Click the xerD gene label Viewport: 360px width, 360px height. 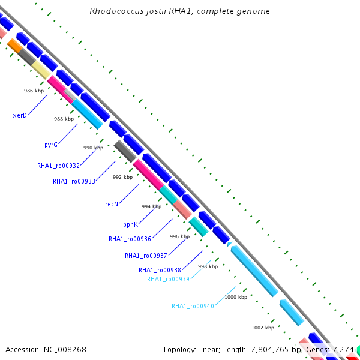(x=20, y=115)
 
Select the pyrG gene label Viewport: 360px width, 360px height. (x=51, y=145)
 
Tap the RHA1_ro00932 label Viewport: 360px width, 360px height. (x=58, y=166)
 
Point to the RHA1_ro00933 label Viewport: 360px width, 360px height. (x=74, y=181)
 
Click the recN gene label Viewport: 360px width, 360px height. (x=112, y=204)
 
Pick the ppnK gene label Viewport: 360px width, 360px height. (x=130, y=224)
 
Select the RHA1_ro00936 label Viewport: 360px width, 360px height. (x=130, y=239)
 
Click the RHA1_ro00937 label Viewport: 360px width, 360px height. (x=146, y=256)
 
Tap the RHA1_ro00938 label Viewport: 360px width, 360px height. (x=160, y=270)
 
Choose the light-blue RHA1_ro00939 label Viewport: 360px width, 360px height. (x=168, y=279)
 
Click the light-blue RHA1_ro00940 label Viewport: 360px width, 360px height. (x=193, y=306)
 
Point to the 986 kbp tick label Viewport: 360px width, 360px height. (x=34, y=91)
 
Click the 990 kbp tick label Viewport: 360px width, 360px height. (x=93, y=148)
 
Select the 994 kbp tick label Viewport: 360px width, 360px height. (x=151, y=206)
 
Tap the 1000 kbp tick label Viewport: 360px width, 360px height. (x=236, y=297)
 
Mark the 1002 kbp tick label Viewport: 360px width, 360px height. (x=263, y=328)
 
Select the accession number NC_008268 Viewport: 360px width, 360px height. (x=64, y=349)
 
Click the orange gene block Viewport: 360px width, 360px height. (x=15, y=46)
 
